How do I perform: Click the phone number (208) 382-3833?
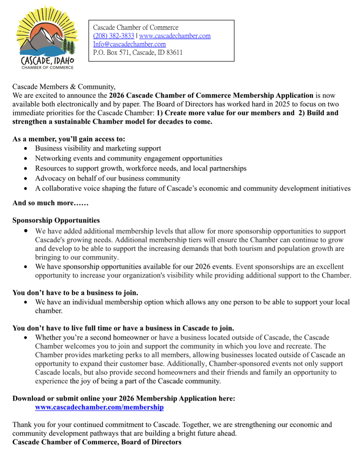pos(113,36)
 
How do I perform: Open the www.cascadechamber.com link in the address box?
pos(175,36)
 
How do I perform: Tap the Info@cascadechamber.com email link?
pos(129,44)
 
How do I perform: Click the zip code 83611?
pos(174,52)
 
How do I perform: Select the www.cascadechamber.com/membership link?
pos(99,407)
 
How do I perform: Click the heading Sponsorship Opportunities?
pos(56,220)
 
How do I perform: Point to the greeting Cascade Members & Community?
pos(64,87)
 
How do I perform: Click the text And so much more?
pos(50,203)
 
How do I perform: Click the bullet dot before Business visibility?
pos(25,148)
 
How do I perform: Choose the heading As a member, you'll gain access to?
pos(69,139)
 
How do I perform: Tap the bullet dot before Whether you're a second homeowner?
pos(25,338)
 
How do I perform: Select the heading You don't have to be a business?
pos(75,293)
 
